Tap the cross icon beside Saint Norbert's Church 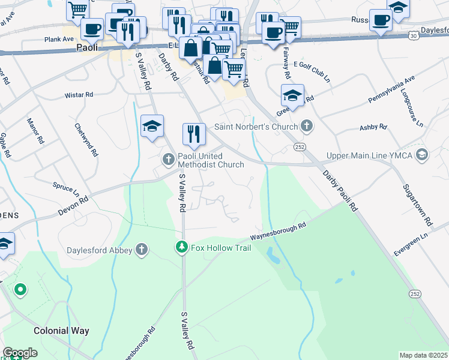pyautogui.click(x=307, y=126)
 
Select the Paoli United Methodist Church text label pyautogui.click(x=210, y=160)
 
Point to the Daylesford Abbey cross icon pyautogui.click(x=141, y=249)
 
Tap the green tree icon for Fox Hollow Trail pyautogui.click(x=181, y=247)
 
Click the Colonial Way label pyautogui.click(x=61, y=331)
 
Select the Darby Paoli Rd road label pyautogui.click(x=340, y=190)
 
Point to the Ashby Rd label pyautogui.click(x=373, y=127)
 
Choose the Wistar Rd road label pyautogui.click(x=79, y=95)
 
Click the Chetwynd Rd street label pyautogui.click(x=86, y=140)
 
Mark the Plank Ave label pyautogui.click(x=58, y=40)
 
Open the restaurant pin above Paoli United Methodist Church pyautogui.click(x=193, y=134)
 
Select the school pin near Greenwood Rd pyautogui.click(x=292, y=95)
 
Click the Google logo pyautogui.click(x=20, y=353)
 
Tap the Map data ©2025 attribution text pyautogui.click(x=423, y=355)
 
